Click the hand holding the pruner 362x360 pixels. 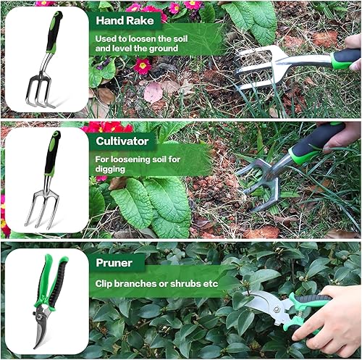tap(337, 319)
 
